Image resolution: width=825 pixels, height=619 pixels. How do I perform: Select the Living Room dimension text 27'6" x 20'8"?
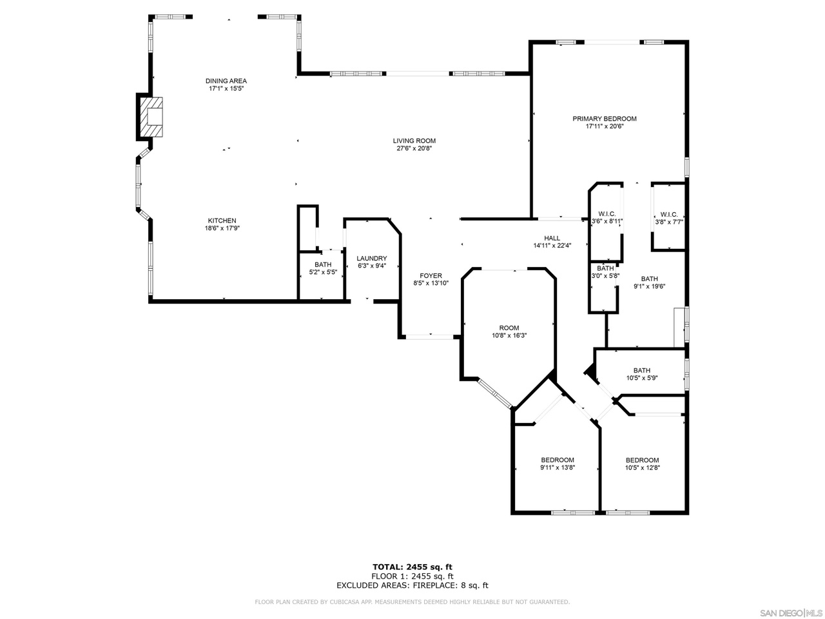414,148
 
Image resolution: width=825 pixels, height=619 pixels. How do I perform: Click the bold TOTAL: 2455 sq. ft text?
412,567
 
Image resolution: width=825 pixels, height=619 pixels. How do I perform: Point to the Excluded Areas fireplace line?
412,585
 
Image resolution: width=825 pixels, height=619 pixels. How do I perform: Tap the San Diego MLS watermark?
792,613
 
